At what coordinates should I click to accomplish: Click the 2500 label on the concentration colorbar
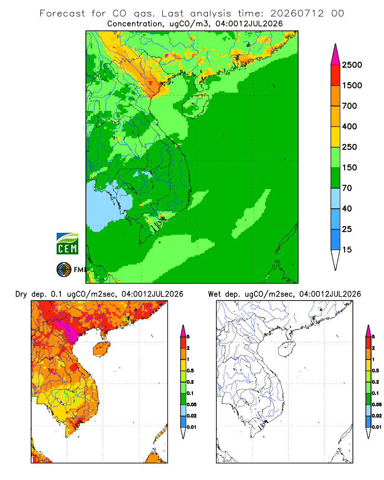(x=352, y=65)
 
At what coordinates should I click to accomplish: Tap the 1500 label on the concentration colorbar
(x=352, y=85)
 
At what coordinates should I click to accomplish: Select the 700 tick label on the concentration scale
(x=349, y=106)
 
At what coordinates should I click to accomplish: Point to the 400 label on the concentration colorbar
(x=349, y=126)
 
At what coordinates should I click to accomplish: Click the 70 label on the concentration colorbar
(x=347, y=188)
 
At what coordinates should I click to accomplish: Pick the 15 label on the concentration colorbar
(x=347, y=250)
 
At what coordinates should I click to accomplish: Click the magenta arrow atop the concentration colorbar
(x=336, y=55)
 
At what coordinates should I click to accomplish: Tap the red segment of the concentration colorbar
(x=336, y=75)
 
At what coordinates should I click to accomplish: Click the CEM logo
(x=67, y=244)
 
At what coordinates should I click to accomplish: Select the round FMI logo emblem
(x=64, y=270)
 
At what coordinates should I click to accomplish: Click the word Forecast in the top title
(x=62, y=13)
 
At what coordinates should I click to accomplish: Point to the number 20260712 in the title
(x=297, y=13)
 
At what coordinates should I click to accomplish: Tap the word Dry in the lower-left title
(x=21, y=294)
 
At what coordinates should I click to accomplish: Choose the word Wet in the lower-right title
(x=215, y=294)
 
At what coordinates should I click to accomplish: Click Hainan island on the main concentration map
(x=195, y=105)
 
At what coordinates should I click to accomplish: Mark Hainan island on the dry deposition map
(x=102, y=349)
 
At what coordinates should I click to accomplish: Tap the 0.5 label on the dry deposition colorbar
(x=190, y=371)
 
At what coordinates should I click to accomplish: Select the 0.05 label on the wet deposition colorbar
(x=377, y=404)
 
